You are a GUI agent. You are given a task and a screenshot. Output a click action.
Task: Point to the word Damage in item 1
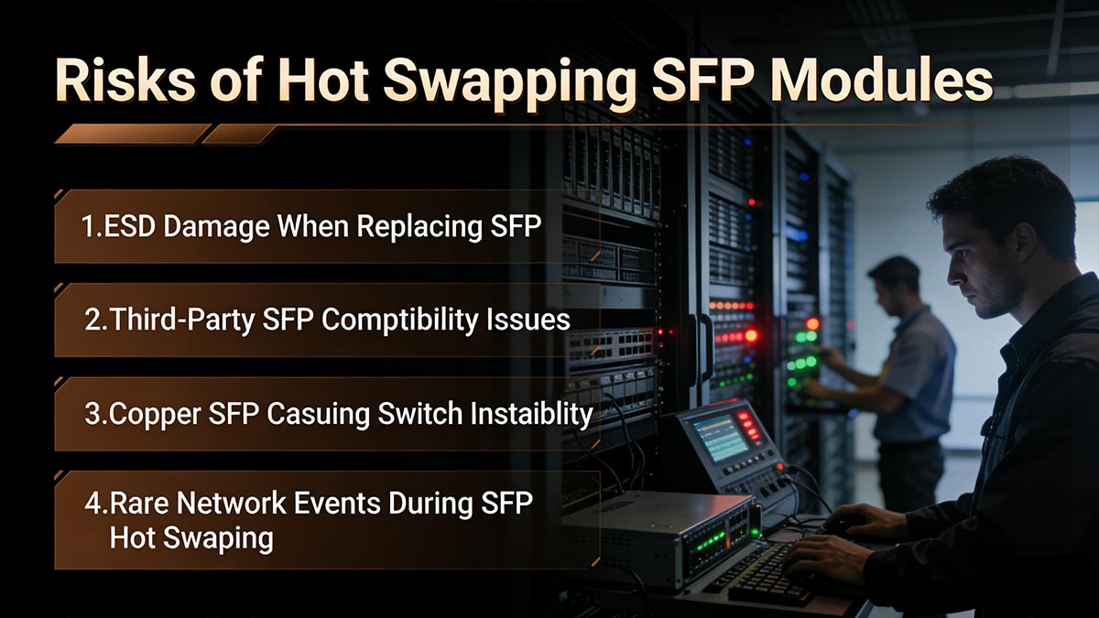point(225,227)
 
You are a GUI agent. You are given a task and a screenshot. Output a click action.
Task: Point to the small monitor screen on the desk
point(719,438)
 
